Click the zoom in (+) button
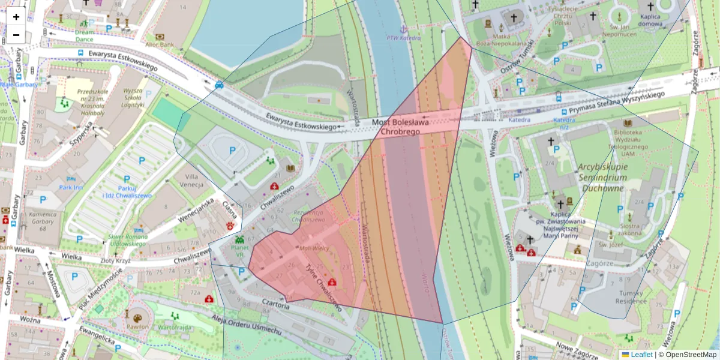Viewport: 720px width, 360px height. (16, 17)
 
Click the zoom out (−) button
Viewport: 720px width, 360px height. (16, 35)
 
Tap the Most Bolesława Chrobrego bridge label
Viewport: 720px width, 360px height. (400, 127)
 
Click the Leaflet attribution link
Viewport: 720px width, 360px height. (641, 354)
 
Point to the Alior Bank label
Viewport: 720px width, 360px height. (159, 44)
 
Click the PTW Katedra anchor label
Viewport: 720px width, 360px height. (404, 37)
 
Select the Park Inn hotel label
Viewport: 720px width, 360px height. (71, 187)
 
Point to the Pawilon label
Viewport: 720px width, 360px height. (137, 327)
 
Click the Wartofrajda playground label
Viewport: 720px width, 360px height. (175, 328)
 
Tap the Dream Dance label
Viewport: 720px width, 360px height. (85, 35)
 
